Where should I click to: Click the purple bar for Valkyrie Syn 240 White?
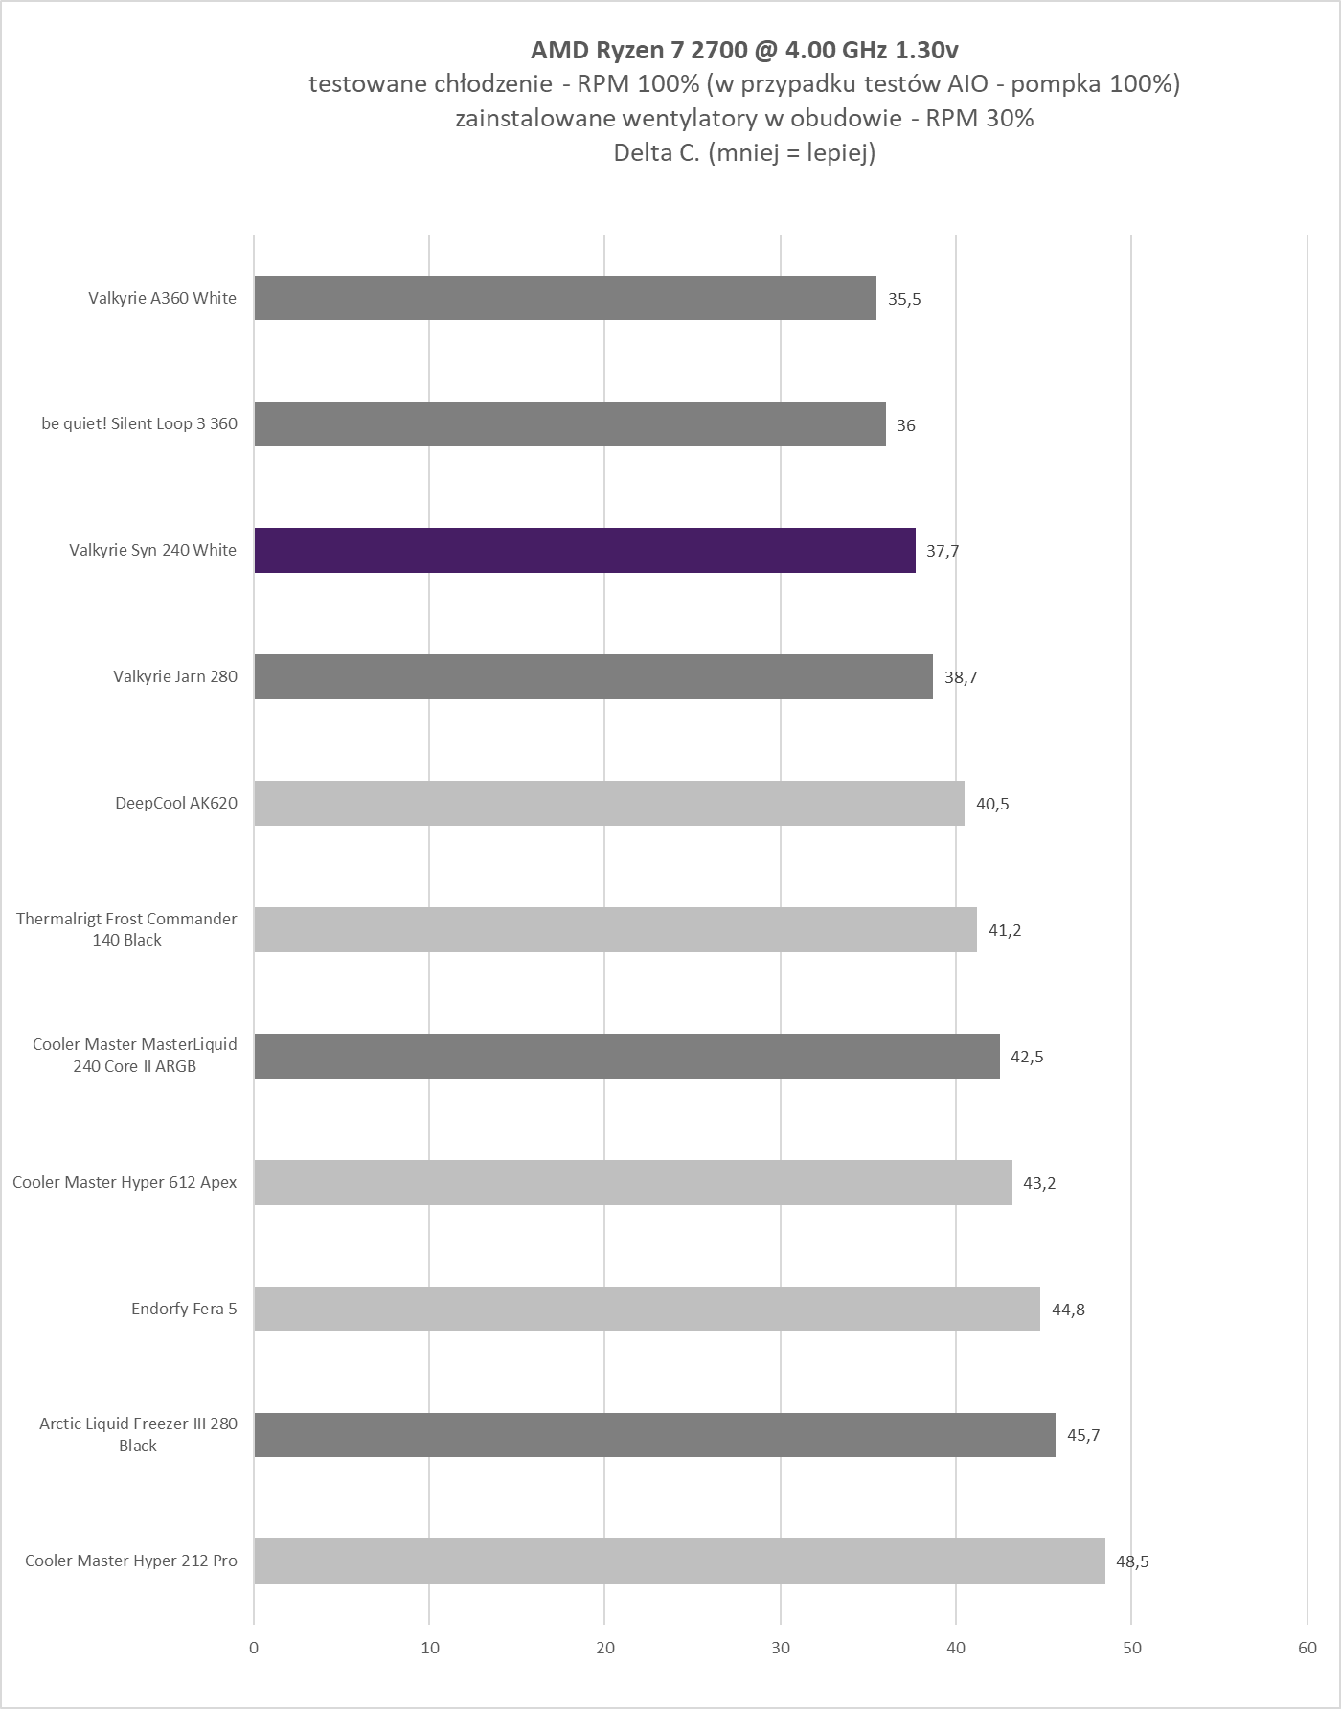coord(584,550)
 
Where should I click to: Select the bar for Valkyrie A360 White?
coord(565,298)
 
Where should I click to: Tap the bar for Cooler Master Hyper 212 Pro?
coord(679,1561)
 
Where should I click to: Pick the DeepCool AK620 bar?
coord(609,803)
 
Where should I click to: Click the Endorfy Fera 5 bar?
coord(647,1309)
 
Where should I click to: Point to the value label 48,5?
coord(1132,1561)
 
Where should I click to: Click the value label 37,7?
coord(943,551)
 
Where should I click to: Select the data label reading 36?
coord(906,425)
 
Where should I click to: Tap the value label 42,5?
coord(1027,1057)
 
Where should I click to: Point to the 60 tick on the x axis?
coord(1307,1648)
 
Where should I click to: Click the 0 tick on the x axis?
coord(254,1648)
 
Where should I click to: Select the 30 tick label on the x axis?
coord(781,1648)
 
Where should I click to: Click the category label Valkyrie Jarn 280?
coord(175,676)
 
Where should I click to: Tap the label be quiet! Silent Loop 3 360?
coord(140,423)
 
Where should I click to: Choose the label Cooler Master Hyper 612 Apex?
coord(125,1182)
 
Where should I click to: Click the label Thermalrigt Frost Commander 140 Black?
coord(126,929)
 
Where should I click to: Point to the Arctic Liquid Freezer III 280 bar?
coord(654,1434)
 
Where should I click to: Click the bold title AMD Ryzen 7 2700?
coord(743,50)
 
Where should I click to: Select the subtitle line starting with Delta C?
coord(744,152)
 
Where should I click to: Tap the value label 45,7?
coord(1083,1435)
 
